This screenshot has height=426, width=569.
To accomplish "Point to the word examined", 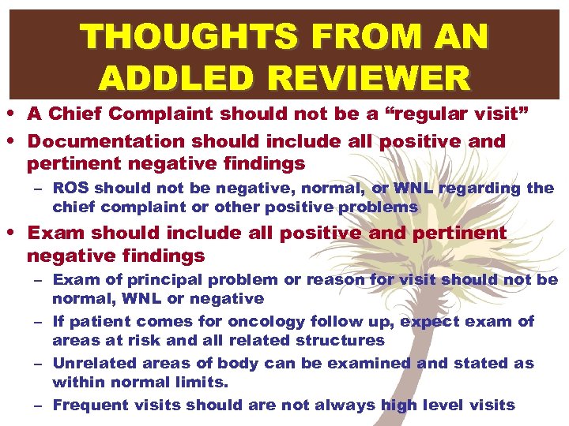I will pos(373,363).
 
